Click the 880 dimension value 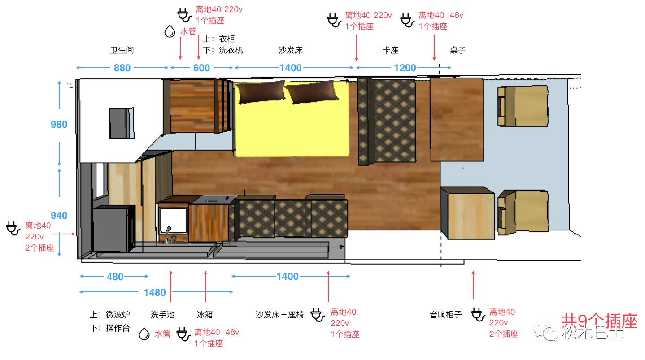122,68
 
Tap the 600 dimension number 201,68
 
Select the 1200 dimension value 405,68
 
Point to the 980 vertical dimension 59,124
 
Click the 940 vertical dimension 59,215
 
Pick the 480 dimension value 115,277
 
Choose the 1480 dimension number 155,293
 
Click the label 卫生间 122,50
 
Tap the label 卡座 391,50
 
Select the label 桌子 458,50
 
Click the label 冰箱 205,315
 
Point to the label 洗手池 163,315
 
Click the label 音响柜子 446,315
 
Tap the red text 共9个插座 599,321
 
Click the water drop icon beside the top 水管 170,31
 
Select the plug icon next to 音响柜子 478,315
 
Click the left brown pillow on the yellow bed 261,91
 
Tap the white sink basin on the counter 173,220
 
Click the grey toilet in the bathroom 122,123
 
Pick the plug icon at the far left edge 13,229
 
